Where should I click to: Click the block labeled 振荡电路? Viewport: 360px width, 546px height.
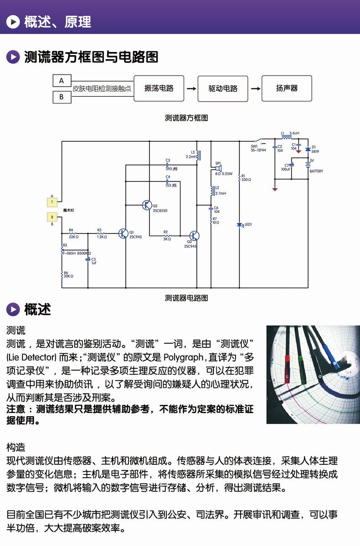click(159, 88)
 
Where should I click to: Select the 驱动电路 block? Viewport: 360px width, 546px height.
click(223, 88)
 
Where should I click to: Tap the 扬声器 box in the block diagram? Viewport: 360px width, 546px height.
click(287, 88)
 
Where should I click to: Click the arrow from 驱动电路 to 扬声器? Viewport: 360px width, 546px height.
click(255, 88)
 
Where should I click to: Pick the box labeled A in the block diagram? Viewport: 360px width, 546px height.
click(62, 81)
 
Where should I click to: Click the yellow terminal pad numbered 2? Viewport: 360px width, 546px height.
click(52, 217)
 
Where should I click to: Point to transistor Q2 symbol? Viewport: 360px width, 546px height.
click(147, 205)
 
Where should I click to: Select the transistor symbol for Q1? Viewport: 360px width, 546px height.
click(123, 233)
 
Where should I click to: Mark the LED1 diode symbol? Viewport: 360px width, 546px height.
click(240, 225)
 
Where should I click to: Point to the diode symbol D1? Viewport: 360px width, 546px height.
click(308, 149)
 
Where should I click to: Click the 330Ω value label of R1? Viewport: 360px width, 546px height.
click(246, 180)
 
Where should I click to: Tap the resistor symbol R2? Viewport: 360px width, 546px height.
click(166, 236)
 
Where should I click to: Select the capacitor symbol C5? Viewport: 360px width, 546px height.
click(87, 259)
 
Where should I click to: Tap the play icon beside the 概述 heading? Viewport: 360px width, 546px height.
click(13, 310)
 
